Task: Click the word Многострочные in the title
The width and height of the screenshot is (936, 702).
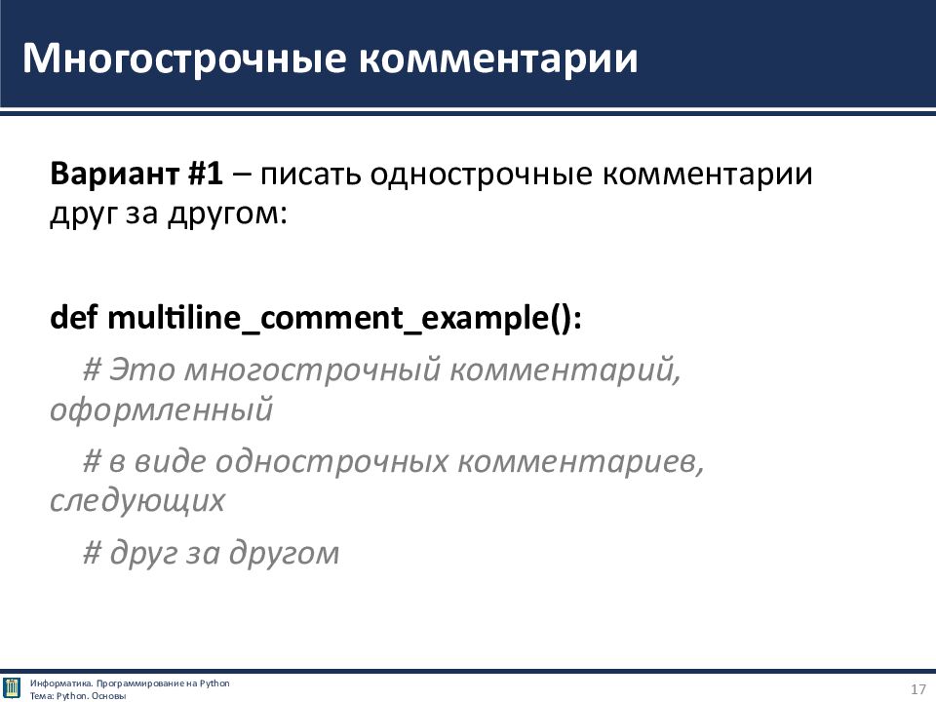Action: pyautogui.click(x=184, y=59)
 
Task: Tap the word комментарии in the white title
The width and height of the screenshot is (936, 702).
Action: pyautogui.click(x=498, y=59)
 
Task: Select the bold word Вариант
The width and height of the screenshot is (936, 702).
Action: pyautogui.click(x=114, y=174)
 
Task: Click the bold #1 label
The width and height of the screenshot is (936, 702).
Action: pyautogui.click(x=205, y=174)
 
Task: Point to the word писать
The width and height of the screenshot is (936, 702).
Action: pyautogui.click(x=310, y=175)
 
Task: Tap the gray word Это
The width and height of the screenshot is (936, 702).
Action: pyautogui.click(x=142, y=370)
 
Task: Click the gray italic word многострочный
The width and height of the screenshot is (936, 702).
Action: pyautogui.click(x=313, y=370)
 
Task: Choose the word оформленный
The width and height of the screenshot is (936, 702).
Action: pyautogui.click(x=162, y=410)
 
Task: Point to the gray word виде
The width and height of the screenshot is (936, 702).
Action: pyautogui.click(x=169, y=461)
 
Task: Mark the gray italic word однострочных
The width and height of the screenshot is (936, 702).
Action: pyautogui.click(x=331, y=462)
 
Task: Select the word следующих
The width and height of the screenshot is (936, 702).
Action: pyautogui.click(x=137, y=501)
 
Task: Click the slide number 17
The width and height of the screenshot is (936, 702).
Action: pyautogui.click(x=917, y=689)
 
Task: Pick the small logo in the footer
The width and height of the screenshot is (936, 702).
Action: pyautogui.click(x=12, y=688)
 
